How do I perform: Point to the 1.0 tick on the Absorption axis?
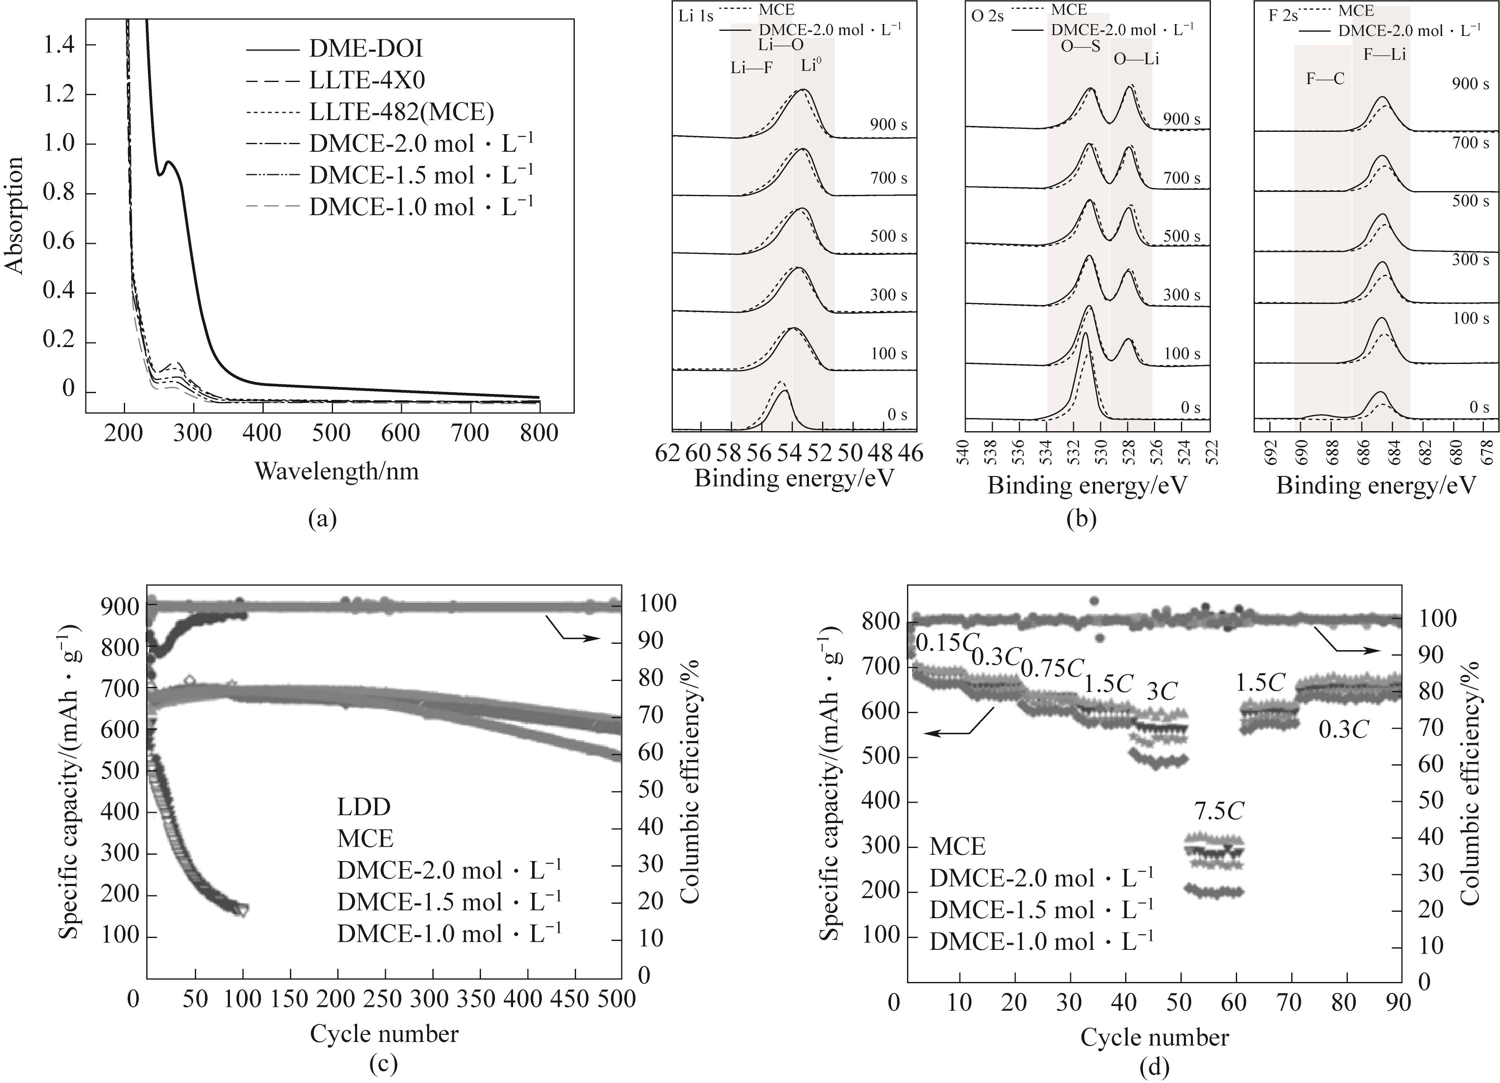point(60,144)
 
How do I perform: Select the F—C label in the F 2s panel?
point(1325,79)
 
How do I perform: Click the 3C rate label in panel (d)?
point(1161,692)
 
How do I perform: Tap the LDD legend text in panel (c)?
point(364,807)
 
